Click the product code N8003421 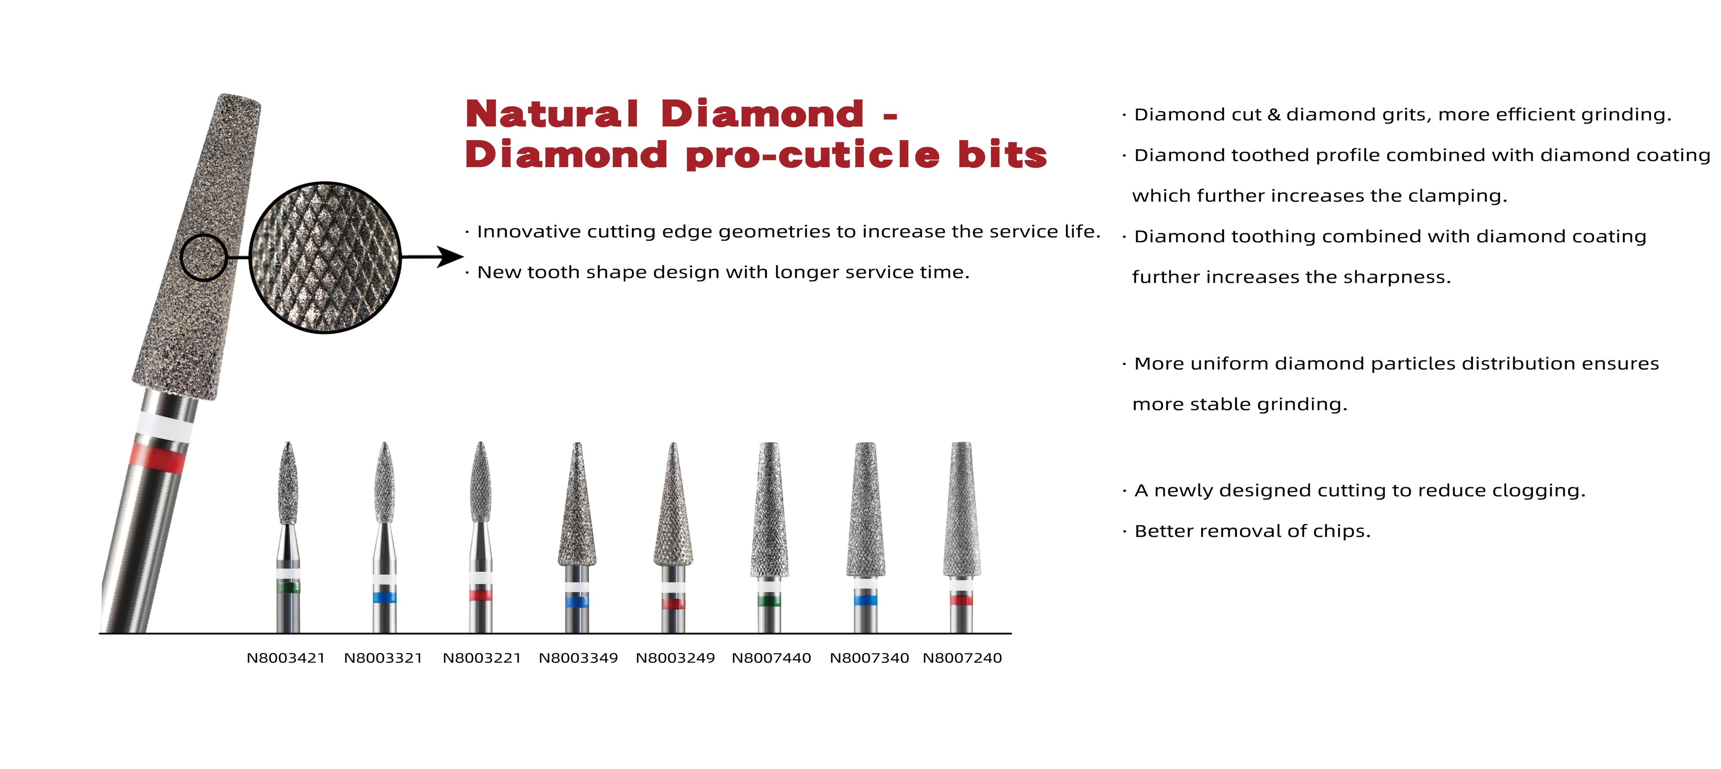[286, 658]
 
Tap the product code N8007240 [962, 658]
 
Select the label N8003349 [579, 658]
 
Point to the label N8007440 [772, 658]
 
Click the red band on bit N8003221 [480, 595]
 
